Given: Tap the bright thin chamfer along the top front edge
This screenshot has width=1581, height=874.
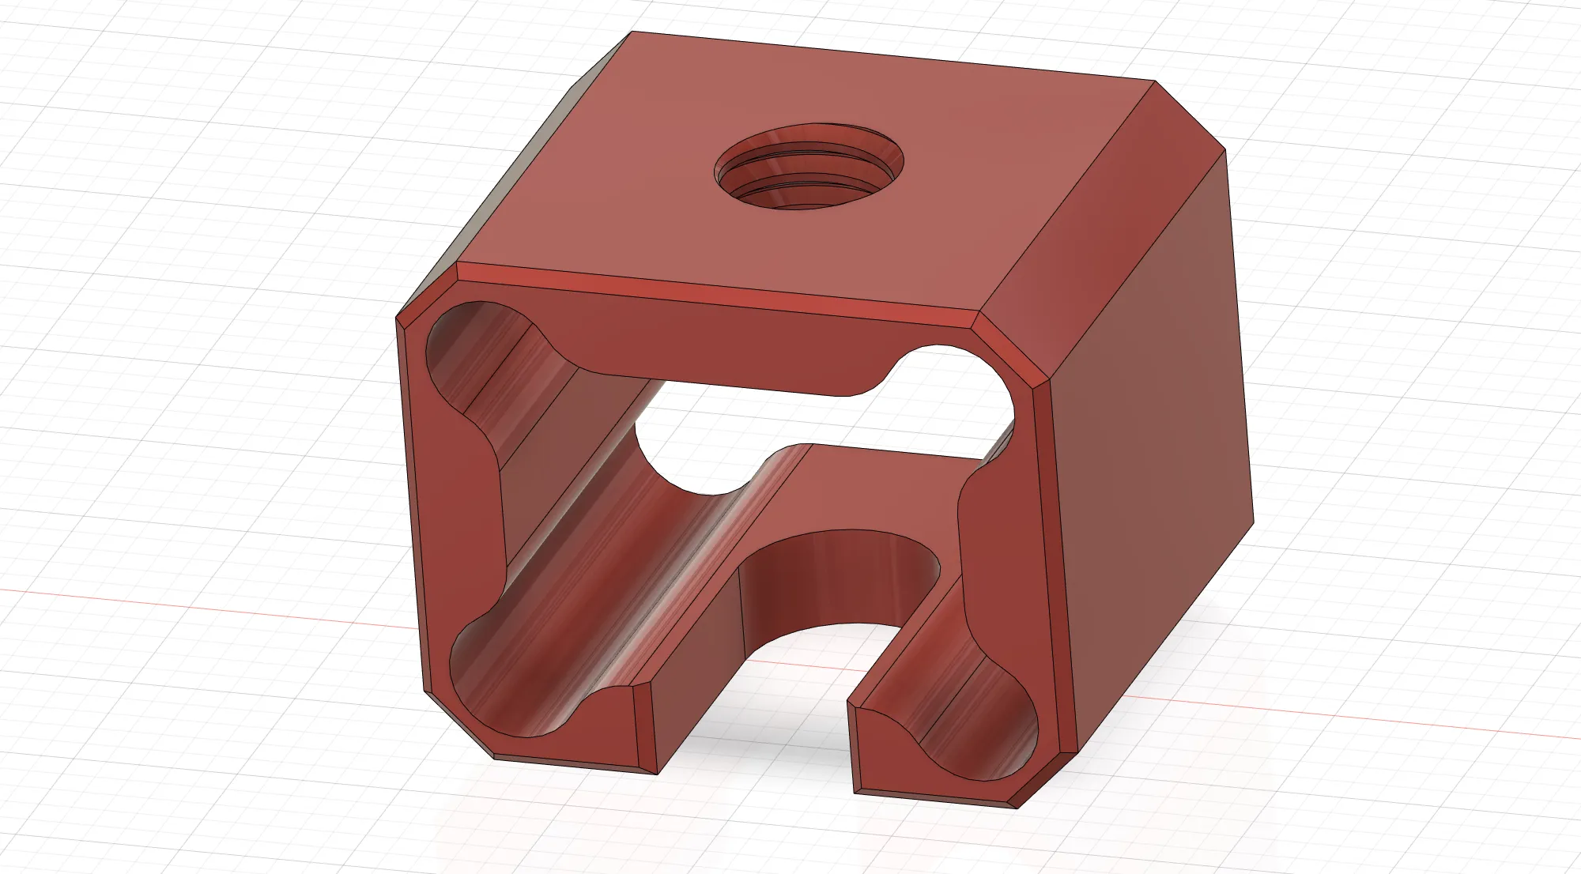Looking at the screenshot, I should (x=711, y=292).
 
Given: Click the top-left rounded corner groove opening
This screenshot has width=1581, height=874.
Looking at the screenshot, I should (x=466, y=348).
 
